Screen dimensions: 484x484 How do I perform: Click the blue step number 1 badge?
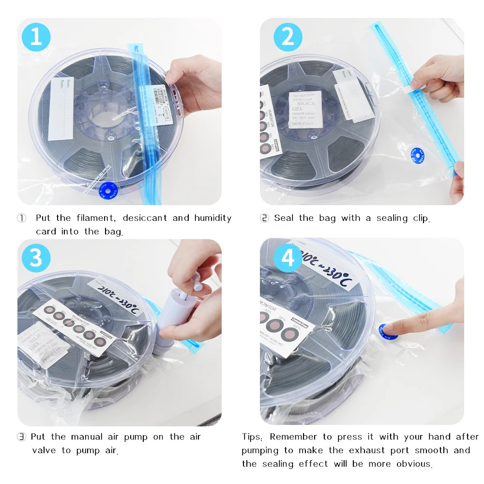tap(36, 37)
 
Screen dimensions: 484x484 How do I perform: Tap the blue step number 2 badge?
tap(287, 37)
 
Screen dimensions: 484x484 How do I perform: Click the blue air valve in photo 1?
tap(109, 190)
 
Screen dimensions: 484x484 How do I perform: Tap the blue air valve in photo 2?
tap(416, 155)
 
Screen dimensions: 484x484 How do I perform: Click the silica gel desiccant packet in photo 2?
tap(305, 109)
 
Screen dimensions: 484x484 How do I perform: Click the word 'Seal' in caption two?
tap(285, 218)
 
